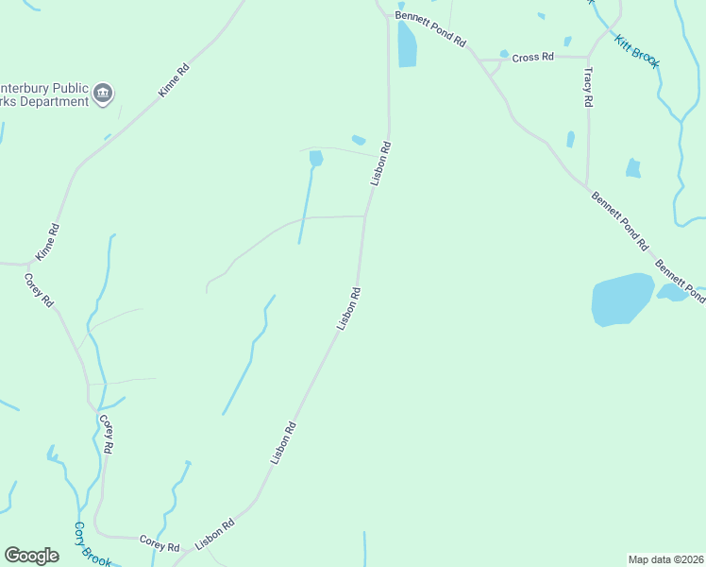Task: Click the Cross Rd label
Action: pos(532,58)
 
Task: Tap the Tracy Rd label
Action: pos(588,86)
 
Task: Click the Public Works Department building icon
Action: pos(103,93)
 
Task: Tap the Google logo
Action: pos(32,556)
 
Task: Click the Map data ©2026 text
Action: pos(666,559)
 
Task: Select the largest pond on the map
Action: pos(622,300)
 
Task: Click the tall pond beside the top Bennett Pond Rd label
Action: pos(407,44)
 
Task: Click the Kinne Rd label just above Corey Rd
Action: pos(47,243)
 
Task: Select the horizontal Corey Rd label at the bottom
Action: pos(159,545)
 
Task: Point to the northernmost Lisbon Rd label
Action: pos(380,163)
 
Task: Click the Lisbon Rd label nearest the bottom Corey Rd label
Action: pos(214,535)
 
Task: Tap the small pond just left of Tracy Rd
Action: pos(570,139)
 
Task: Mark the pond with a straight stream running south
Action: pos(315,158)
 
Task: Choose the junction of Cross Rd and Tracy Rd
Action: pos(588,58)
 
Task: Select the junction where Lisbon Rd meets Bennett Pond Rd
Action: pos(386,15)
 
